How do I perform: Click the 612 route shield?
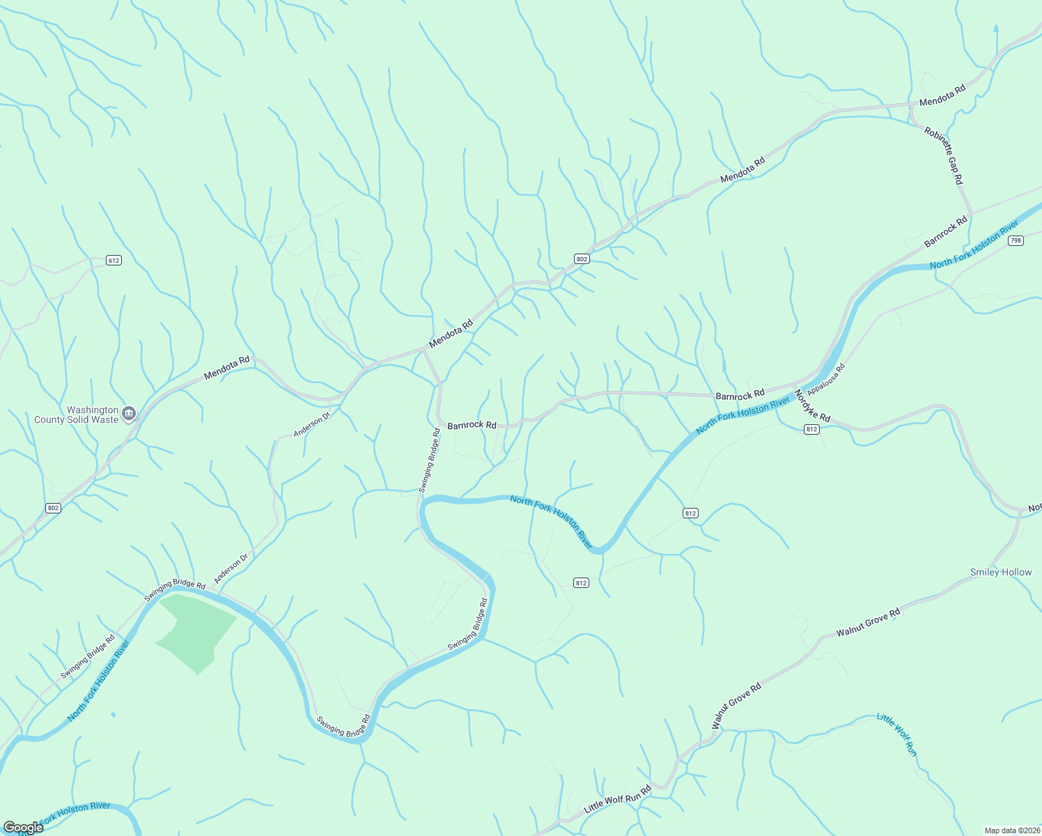tap(114, 261)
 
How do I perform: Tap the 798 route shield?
tap(1016, 240)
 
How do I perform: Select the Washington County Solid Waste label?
tap(77, 415)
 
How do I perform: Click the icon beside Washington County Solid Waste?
tap(129, 415)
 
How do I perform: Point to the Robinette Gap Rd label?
tap(944, 155)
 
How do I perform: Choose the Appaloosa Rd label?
tap(826, 378)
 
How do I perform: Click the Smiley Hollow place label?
tap(1001, 573)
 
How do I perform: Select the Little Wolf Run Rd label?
tap(617, 800)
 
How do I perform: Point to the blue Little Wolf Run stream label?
tap(897, 735)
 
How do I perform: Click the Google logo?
tap(23, 828)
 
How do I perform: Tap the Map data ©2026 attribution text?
tap(1011, 830)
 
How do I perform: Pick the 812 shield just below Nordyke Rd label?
tap(811, 429)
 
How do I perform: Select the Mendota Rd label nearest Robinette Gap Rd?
tap(942, 95)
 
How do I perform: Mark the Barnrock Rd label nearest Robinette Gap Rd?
tap(946, 232)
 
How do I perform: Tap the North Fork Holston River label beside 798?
tap(974, 245)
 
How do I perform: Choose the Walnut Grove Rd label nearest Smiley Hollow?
tap(868, 622)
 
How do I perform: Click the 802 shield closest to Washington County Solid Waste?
tap(54, 508)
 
